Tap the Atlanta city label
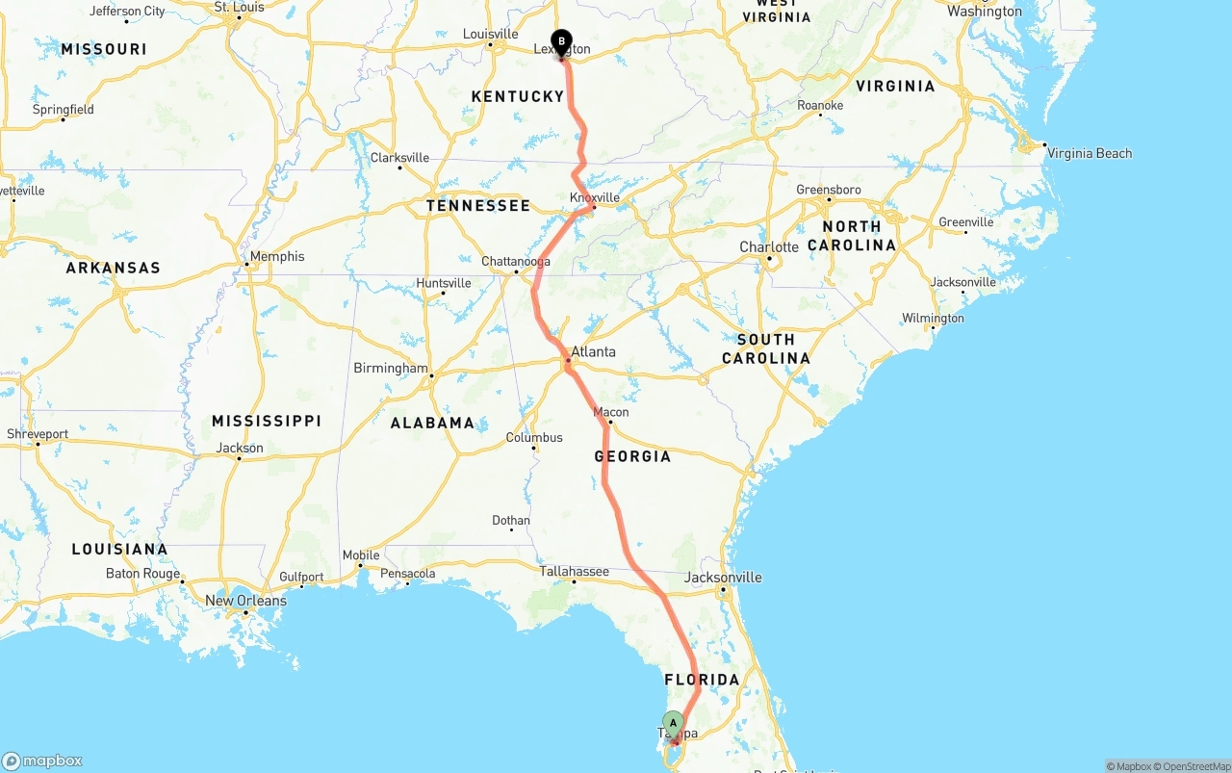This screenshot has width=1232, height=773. pos(593,351)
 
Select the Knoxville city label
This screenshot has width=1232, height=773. pos(594,198)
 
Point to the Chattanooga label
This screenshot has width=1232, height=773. pos(516,262)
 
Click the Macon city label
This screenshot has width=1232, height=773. pos(611,412)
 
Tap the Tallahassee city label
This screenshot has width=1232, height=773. pos(574,572)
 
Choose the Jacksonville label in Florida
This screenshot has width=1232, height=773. pos(723,578)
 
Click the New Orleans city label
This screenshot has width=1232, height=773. pos(245,601)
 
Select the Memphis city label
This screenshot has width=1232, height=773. pos(277,256)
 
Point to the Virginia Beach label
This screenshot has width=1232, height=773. pos(1090,153)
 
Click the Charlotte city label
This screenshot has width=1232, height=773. pos(769,247)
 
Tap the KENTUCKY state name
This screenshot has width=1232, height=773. pos(518,96)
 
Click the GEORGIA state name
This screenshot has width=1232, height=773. pos(632,456)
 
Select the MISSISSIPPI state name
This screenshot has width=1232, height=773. pos(267,421)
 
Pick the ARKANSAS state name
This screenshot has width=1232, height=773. pos(114,268)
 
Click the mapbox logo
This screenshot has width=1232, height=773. pos(42,760)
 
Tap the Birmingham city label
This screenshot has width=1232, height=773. pos(391,368)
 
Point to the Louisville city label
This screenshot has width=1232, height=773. pos(491,34)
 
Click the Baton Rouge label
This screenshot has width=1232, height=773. pos(142,574)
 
